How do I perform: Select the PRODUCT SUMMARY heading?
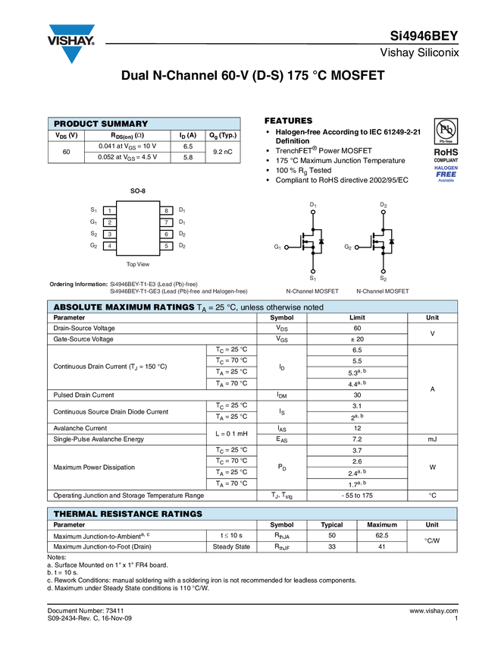(101, 124)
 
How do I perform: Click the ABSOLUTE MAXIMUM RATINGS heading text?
(124, 307)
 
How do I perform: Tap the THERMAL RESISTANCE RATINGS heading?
(127, 514)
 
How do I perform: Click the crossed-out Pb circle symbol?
(446, 127)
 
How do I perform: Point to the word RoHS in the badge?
(446, 152)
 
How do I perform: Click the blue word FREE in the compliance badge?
(446, 175)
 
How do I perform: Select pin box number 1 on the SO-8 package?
(110, 210)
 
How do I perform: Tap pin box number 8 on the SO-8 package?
(165, 210)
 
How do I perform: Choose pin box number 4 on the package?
(110, 246)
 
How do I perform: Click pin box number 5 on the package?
(165, 246)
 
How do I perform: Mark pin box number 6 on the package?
(165, 234)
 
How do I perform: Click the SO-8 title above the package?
(137, 191)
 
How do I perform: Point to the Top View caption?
(137, 264)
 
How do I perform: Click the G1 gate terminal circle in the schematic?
(287, 247)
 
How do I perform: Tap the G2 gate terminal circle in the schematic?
(357, 247)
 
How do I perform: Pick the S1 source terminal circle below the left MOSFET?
(313, 271)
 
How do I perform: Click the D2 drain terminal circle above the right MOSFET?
(384, 212)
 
